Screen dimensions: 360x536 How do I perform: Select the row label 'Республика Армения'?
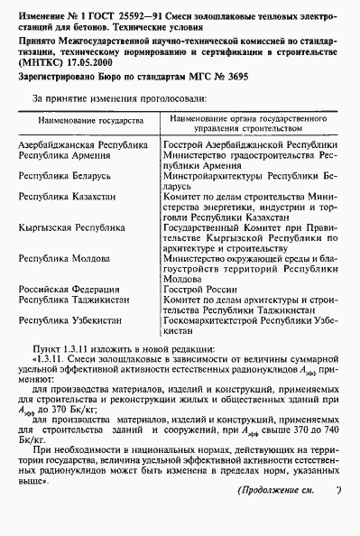68,155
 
